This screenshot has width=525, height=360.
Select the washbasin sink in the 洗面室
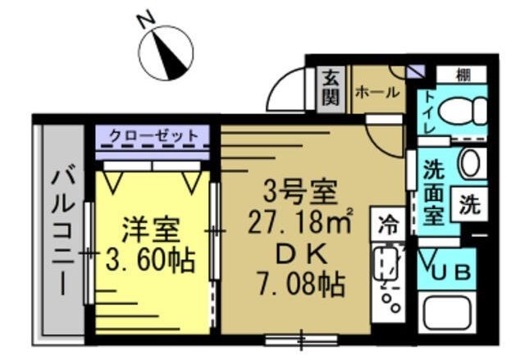[471, 164]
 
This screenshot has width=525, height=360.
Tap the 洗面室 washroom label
[433, 191]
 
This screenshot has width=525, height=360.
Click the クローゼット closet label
[153, 135]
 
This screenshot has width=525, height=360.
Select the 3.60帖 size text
[150, 262]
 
